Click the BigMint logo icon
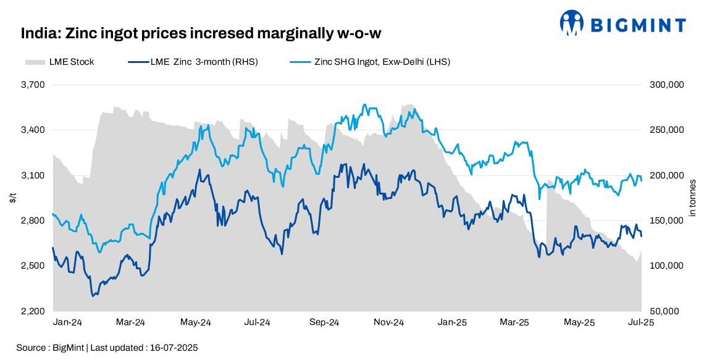(x=571, y=23)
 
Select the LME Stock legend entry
(x=59, y=62)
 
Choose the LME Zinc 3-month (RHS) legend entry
(x=192, y=62)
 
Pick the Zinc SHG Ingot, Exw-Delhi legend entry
(x=370, y=62)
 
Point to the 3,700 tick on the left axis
(x=33, y=85)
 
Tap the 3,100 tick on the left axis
(x=33, y=175)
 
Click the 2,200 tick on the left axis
(x=33, y=311)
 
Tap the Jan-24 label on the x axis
(x=67, y=322)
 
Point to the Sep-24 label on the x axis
(x=324, y=322)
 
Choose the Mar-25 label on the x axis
(x=514, y=322)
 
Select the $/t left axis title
(x=13, y=198)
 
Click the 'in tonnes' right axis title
(x=692, y=198)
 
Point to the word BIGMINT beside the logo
(x=638, y=25)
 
